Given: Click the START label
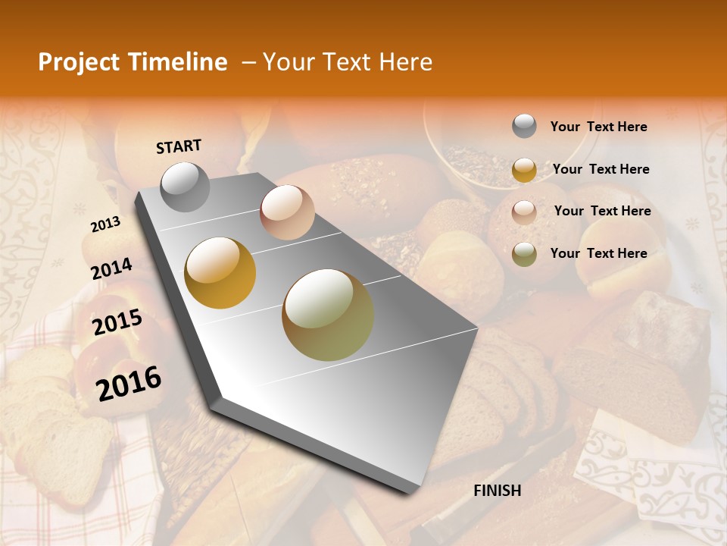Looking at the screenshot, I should click(179, 146).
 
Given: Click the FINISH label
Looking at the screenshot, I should click(498, 491).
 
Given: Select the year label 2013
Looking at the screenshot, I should click(105, 224).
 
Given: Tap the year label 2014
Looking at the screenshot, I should click(112, 268).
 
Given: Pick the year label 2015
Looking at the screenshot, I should click(117, 322).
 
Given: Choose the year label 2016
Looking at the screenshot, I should click(129, 383).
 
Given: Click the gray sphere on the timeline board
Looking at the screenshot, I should click(186, 187).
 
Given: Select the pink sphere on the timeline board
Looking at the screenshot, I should click(287, 212).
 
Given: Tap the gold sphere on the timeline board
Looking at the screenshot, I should click(220, 273).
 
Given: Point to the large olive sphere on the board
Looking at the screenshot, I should click(328, 315).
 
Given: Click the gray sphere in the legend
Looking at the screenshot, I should click(524, 127).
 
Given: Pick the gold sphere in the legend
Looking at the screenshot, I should click(524, 170).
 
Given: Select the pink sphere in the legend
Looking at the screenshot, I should click(524, 212).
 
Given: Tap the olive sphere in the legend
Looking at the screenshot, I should click(524, 254).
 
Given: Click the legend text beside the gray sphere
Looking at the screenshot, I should click(598, 127).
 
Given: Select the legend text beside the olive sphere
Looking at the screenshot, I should click(598, 253).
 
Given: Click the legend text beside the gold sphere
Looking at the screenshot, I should click(601, 169).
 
